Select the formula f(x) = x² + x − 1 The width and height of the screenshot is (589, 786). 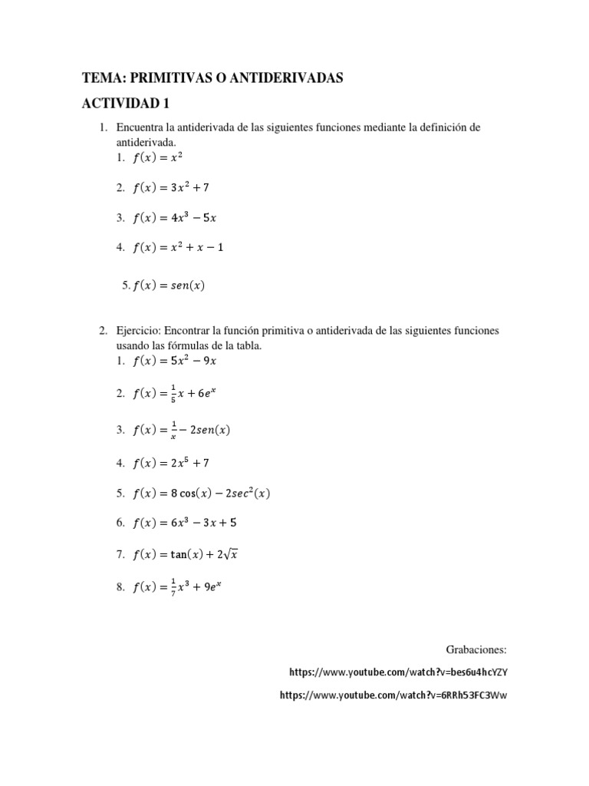[178, 247]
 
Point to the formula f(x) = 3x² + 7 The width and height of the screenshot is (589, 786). [171, 187]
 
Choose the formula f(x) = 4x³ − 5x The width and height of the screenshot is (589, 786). [175, 217]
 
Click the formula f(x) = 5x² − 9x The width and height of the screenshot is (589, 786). [175, 360]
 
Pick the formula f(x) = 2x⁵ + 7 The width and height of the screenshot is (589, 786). [171, 463]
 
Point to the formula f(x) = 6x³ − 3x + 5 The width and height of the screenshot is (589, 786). [184, 523]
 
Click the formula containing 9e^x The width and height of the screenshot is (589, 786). [178, 589]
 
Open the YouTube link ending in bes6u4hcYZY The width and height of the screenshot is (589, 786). [399, 672]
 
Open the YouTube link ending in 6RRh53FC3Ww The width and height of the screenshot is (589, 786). [394, 695]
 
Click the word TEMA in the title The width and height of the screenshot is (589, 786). [99, 78]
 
